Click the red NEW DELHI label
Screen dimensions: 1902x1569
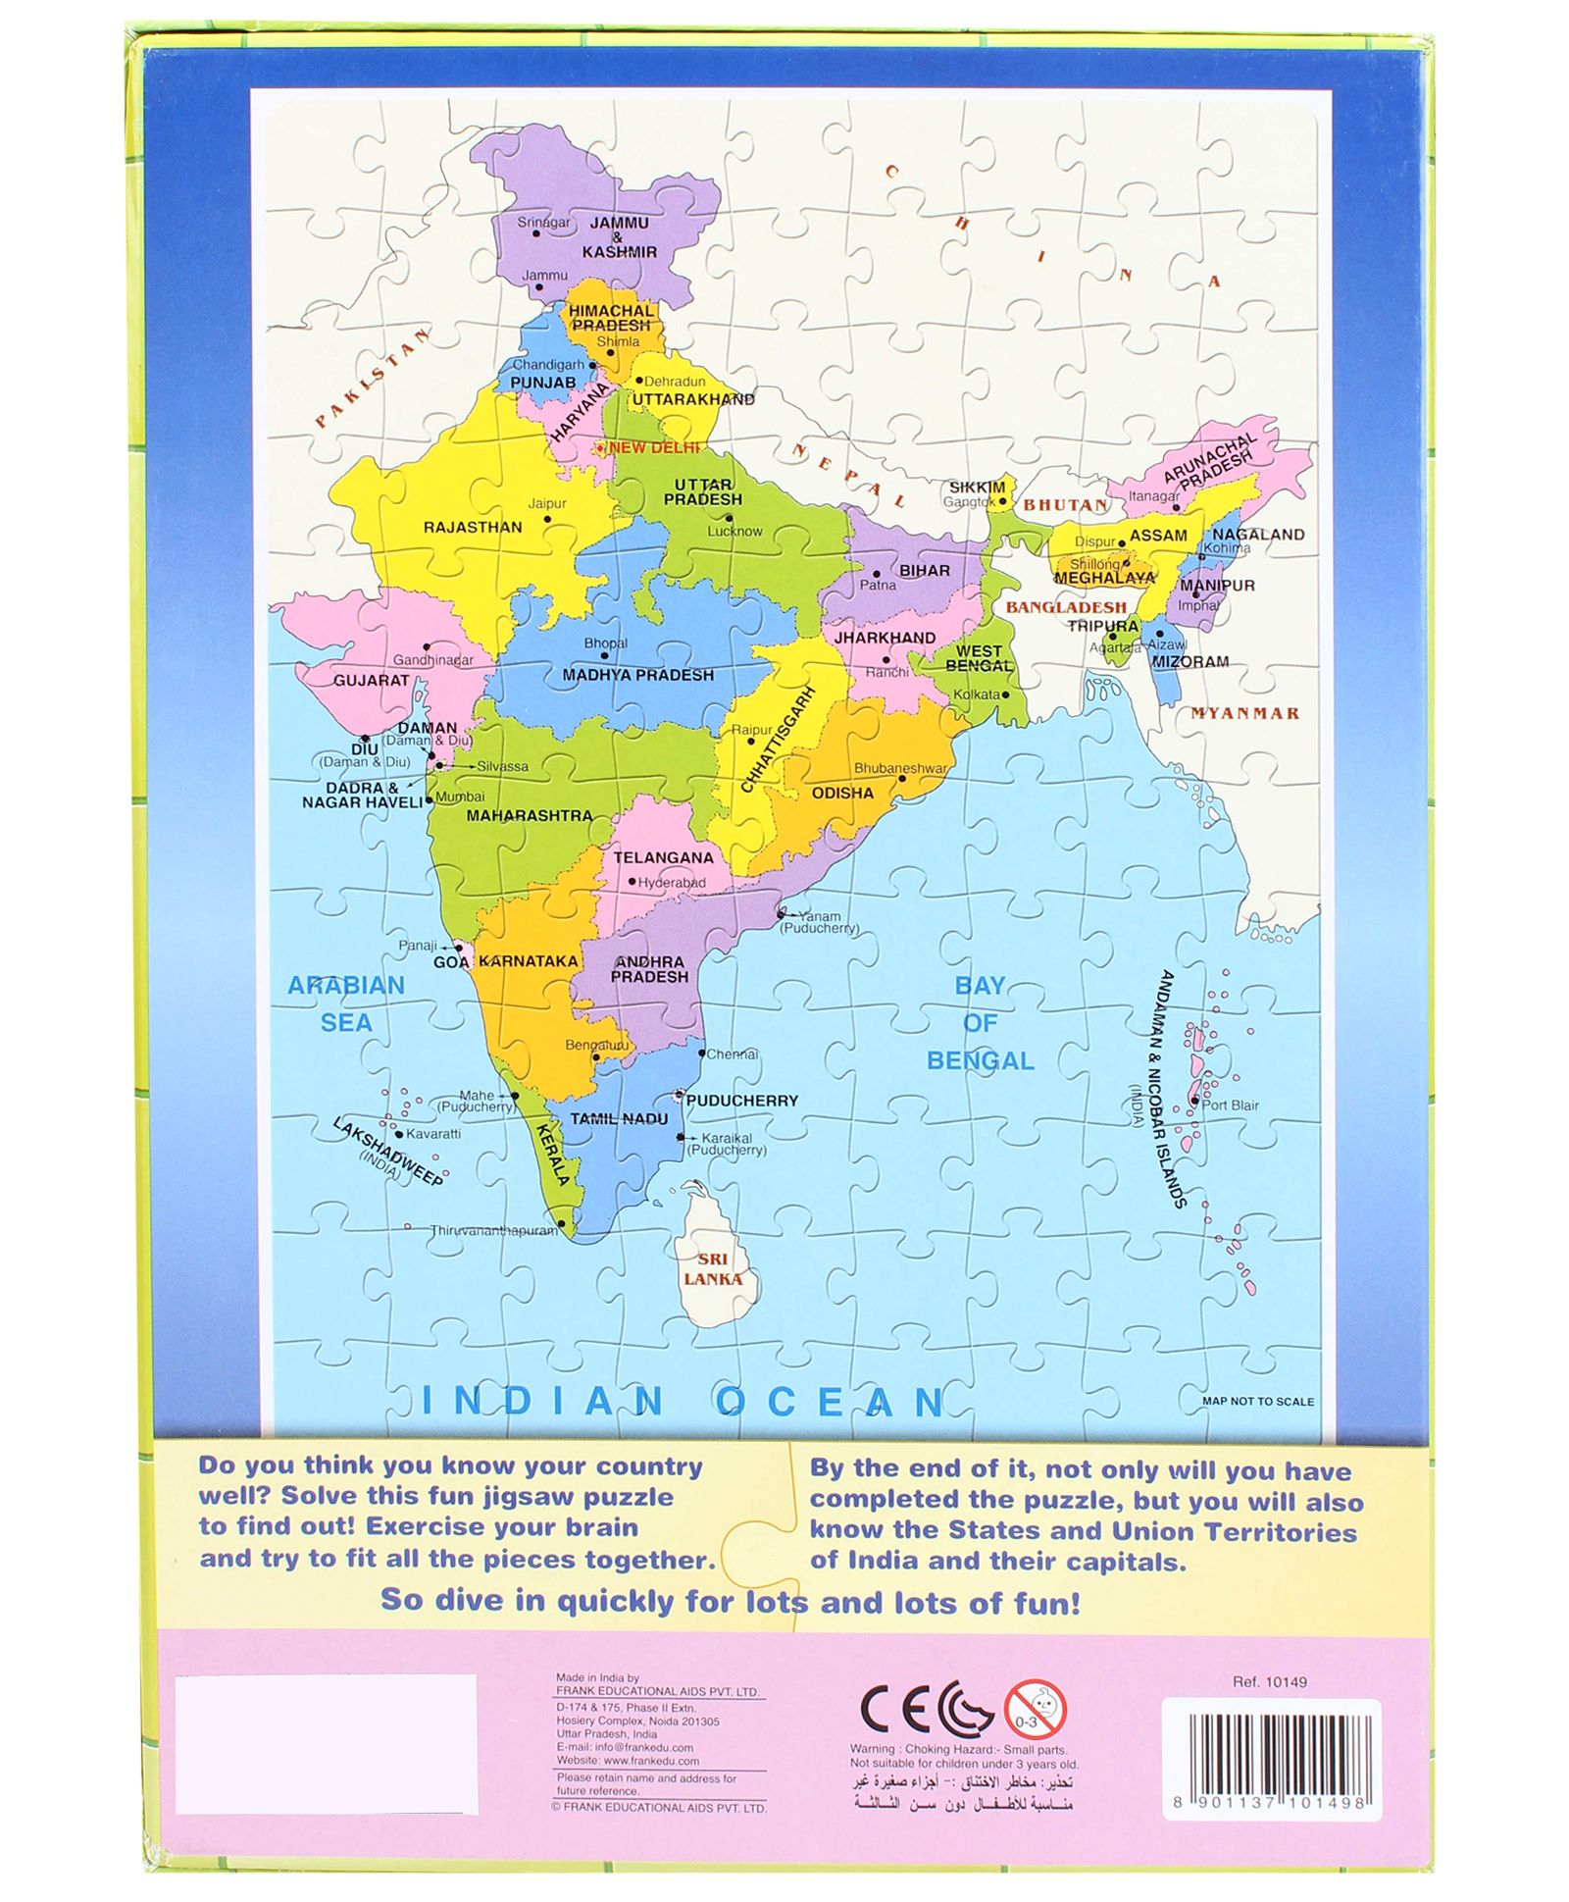point(654,447)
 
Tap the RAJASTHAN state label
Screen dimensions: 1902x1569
point(473,527)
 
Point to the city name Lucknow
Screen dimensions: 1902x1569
point(734,531)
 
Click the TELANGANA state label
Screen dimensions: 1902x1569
point(663,857)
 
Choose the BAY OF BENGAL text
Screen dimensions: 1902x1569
point(980,1023)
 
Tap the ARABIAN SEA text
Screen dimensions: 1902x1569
point(346,1003)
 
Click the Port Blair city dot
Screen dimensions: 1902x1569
point(1194,1102)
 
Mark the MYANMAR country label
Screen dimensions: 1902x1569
point(1244,713)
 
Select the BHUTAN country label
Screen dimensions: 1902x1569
point(1065,505)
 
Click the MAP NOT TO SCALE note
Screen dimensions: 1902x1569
point(1257,1401)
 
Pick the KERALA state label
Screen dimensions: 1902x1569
point(552,1155)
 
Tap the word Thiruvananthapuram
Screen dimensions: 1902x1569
point(492,1230)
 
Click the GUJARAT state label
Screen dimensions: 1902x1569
point(371,680)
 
